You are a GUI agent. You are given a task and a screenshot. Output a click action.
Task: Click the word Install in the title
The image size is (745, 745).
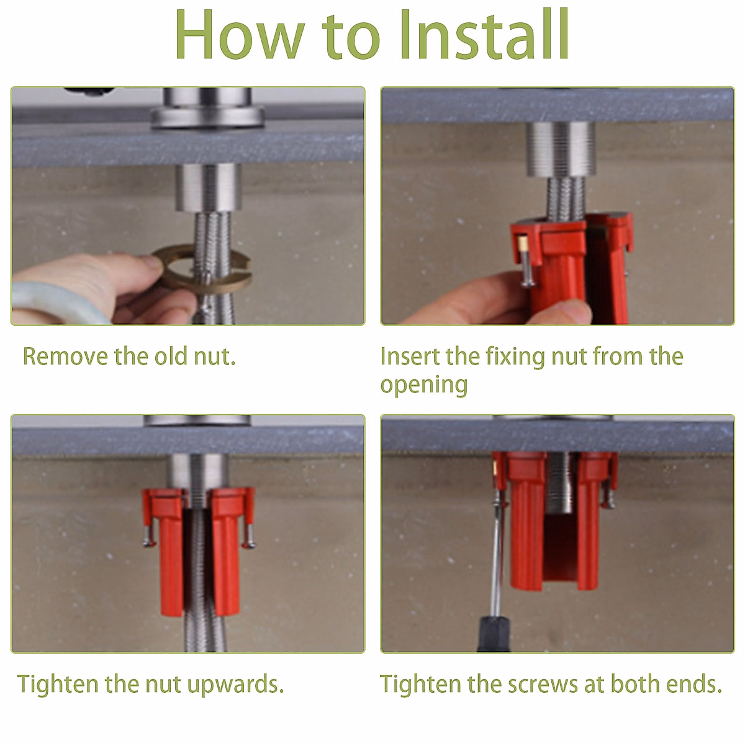click(484, 34)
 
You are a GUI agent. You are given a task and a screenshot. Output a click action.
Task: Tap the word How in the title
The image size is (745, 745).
click(240, 34)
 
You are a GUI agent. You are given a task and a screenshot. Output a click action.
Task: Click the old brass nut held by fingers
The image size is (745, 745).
click(202, 268)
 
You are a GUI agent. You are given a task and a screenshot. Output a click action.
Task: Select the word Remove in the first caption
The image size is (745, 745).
click(65, 356)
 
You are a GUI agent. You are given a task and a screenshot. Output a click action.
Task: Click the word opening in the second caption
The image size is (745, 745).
click(424, 385)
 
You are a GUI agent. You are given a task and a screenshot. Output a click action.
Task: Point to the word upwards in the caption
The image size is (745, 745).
click(235, 684)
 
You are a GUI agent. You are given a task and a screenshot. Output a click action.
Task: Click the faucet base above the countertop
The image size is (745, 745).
click(207, 109)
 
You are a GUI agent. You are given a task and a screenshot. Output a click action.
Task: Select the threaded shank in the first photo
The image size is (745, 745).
click(209, 187)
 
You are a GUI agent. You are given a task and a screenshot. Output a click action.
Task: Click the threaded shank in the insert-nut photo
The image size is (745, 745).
click(560, 149)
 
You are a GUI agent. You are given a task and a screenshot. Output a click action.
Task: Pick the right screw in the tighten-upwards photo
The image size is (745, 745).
click(250, 536)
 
